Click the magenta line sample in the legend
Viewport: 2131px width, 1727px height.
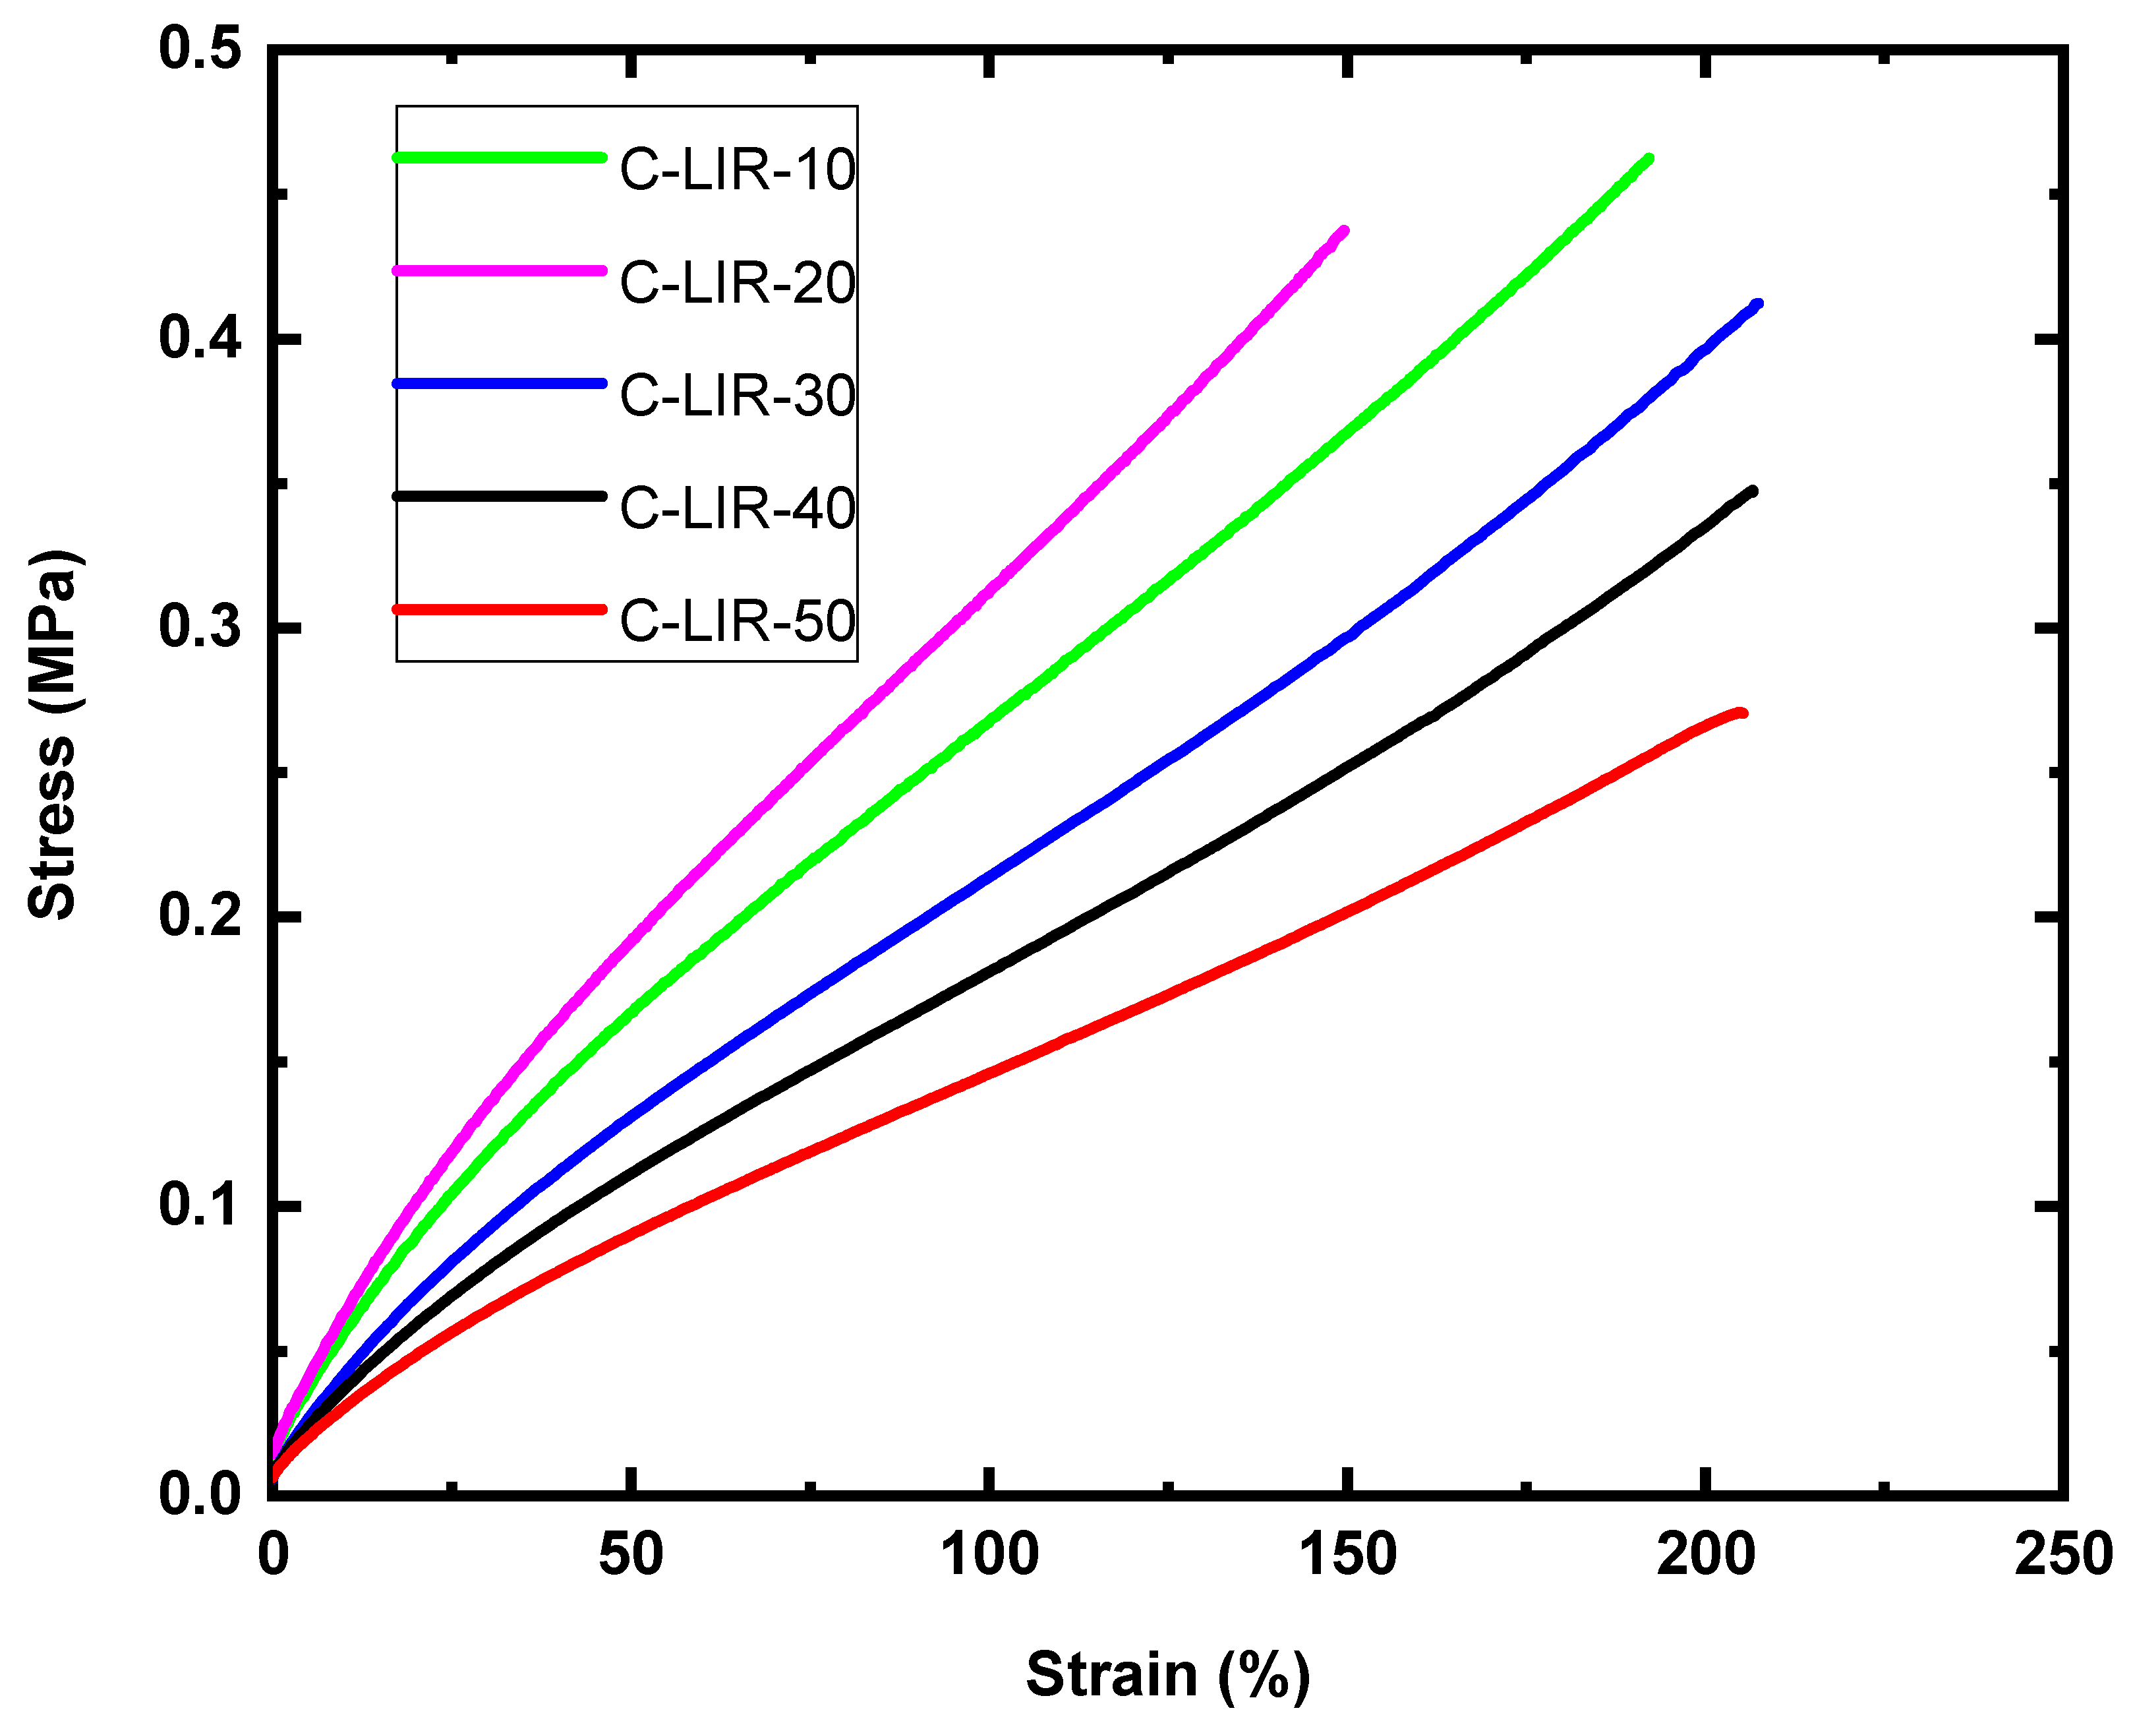[x=499, y=270]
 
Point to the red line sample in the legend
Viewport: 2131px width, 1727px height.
[x=499, y=609]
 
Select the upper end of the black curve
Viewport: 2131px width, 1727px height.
[x=1751, y=491]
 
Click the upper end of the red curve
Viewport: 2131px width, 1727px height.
[x=1741, y=712]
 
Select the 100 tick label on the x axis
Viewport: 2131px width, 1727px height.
[x=989, y=1553]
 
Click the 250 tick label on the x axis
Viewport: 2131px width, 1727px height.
[x=2062, y=1553]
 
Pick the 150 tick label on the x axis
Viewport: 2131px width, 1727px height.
[x=1347, y=1553]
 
